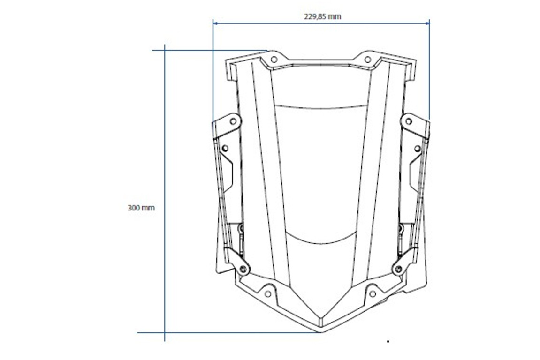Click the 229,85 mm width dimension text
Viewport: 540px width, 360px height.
tap(322, 16)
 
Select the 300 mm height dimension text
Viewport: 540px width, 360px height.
tap(141, 208)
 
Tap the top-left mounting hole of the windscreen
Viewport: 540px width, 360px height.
tap(274, 60)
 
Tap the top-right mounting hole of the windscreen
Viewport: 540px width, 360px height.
tap(368, 60)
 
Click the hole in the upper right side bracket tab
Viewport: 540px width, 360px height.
tap(408, 121)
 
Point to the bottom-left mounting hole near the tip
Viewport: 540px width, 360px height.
tap(267, 294)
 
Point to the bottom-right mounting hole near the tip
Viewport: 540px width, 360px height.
tap(373, 294)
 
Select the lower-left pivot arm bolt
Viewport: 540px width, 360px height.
tap(243, 269)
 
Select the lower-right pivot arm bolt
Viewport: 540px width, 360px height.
tap(398, 269)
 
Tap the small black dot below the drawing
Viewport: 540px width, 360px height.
tap(388, 342)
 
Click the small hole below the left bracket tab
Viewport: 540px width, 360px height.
tap(225, 148)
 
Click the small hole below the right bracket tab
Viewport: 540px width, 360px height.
tap(417, 149)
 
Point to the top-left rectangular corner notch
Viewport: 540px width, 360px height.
tap(231, 70)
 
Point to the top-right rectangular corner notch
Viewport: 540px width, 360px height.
tap(411, 70)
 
